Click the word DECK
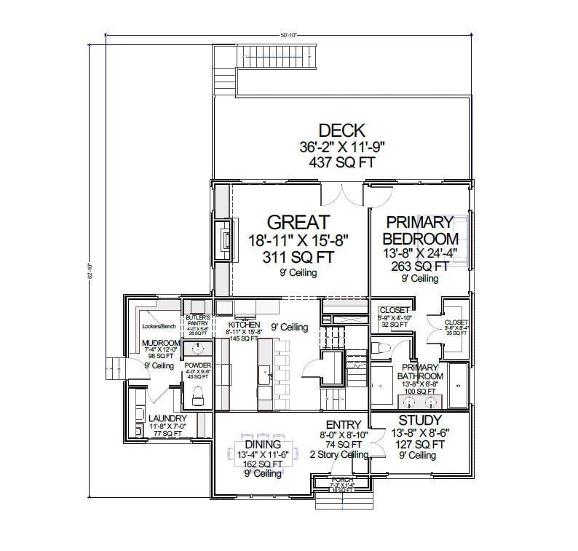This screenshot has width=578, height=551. tap(341, 131)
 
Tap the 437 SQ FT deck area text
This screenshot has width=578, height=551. tap(341, 162)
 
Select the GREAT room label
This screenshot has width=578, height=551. tap(298, 222)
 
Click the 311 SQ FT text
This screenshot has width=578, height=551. tap(299, 257)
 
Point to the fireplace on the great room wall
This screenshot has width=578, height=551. tap(226, 240)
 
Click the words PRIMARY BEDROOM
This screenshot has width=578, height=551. tap(421, 230)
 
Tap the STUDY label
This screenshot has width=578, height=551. tap(420, 421)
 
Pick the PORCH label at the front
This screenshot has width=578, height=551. tap(342, 481)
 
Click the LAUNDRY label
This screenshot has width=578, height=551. tap(167, 419)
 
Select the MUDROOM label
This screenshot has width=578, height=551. tap(161, 343)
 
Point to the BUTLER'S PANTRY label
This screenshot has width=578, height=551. tap(197, 321)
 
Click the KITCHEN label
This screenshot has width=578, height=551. tap(244, 325)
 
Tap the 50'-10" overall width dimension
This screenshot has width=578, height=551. tap(288, 34)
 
